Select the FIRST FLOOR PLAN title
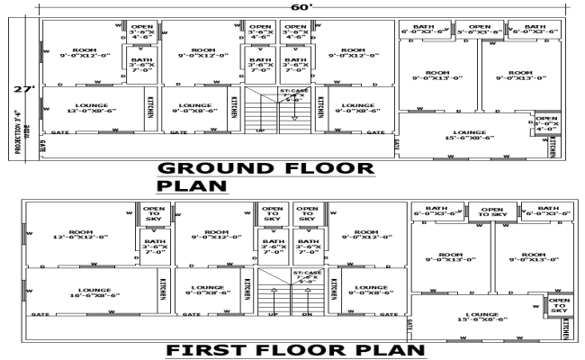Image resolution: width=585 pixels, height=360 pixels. click(292, 349)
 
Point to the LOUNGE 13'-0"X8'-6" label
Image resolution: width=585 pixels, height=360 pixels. click(92, 108)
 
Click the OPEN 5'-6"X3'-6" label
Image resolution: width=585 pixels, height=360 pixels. click(480, 30)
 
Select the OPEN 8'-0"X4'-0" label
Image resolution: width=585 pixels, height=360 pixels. click(546, 122)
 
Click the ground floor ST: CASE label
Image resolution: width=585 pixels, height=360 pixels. click(294, 94)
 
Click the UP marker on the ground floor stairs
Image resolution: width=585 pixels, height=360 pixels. click(261, 132)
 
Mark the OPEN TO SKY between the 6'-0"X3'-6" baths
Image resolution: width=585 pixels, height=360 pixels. click(493, 212)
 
